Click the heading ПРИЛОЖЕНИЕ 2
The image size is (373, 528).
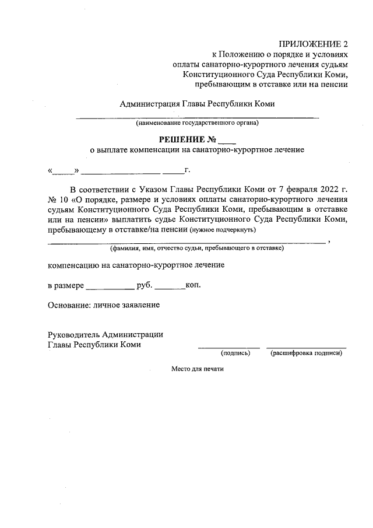pyautogui.click(x=313, y=44)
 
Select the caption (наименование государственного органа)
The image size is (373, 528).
pyautogui.click(x=198, y=124)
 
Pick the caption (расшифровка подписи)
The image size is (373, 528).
pyautogui.click(x=306, y=353)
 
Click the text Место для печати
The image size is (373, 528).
pyautogui.click(x=197, y=369)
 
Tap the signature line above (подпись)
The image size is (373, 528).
pyautogui.click(x=228, y=348)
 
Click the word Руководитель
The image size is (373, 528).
pyautogui.click(x=73, y=334)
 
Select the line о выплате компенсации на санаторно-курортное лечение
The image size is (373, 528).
pyautogui.click(x=197, y=150)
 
